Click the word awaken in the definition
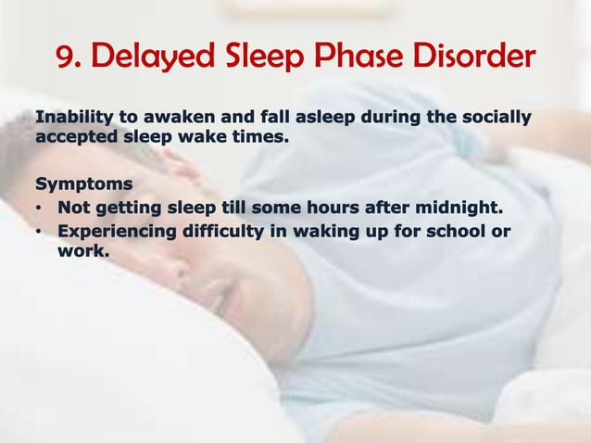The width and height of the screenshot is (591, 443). pyautogui.click(x=164, y=118)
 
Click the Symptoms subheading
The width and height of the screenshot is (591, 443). pyautogui.click(x=83, y=184)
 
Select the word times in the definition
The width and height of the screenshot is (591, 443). pyautogui.click(x=258, y=137)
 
